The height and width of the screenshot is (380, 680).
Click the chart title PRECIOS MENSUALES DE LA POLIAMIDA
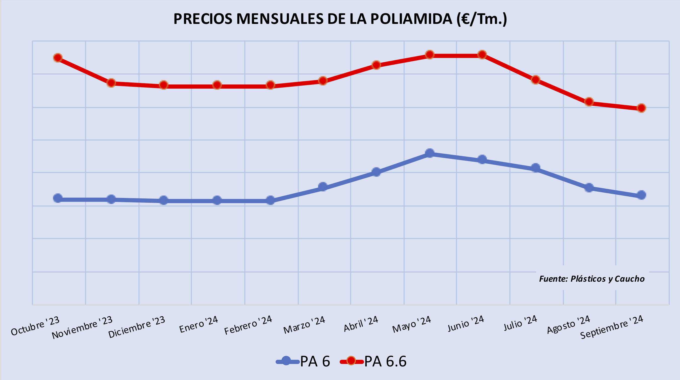[x=340, y=19]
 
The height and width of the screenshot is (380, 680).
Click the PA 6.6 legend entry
[x=373, y=361]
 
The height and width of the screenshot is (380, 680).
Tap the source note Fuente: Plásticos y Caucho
[x=591, y=279]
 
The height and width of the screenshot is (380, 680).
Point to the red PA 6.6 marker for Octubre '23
[x=58, y=58]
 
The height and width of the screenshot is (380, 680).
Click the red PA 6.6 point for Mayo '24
[x=430, y=55]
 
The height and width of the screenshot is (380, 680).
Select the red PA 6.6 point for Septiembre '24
[x=642, y=108]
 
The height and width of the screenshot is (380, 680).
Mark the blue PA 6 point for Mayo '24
[x=430, y=153]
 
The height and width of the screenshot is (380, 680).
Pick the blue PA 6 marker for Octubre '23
[x=58, y=198]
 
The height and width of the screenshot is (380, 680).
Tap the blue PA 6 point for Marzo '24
[x=323, y=187]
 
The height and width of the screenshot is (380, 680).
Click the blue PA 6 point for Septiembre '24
[x=642, y=195]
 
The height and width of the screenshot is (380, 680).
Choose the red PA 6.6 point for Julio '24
[x=536, y=80]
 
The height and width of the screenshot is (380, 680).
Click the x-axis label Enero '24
[x=198, y=324]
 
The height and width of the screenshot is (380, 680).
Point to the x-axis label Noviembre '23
[x=82, y=327]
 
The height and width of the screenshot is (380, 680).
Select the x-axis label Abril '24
[x=361, y=324]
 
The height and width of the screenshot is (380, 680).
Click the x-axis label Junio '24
[x=466, y=323]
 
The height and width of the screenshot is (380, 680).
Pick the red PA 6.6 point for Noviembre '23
[x=111, y=83]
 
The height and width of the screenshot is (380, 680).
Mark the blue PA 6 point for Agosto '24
[x=589, y=188]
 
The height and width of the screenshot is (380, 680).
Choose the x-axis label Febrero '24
[x=248, y=325]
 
